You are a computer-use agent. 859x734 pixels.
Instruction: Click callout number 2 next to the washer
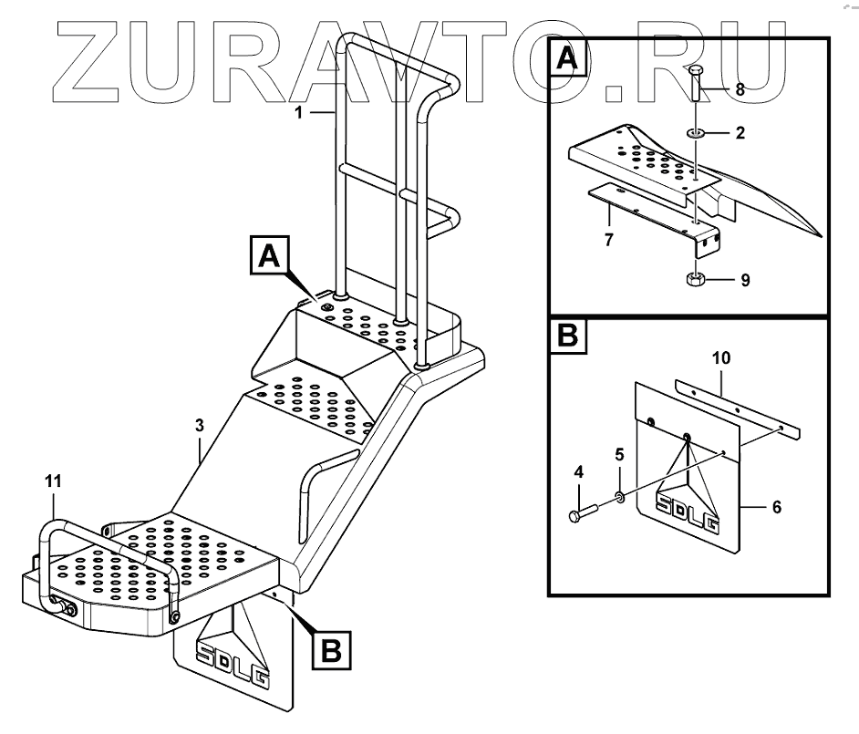(x=740, y=133)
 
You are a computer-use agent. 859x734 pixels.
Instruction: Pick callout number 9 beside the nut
(x=745, y=280)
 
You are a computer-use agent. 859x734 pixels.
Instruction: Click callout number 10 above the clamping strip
(x=720, y=359)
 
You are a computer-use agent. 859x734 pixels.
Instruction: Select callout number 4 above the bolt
(x=579, y=472)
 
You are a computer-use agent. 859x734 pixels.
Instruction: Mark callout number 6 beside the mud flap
(x=777, y=507)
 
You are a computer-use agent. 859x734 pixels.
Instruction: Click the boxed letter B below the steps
(x=331, y=649)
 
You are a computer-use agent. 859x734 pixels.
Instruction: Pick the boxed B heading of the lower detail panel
(x=567, y=337)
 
